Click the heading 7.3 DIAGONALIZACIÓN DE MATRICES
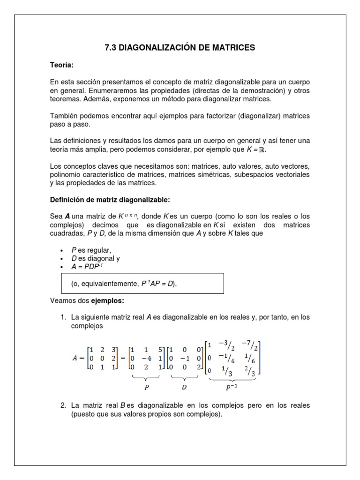(x=180, y=47)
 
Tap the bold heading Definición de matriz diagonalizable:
(x=110, y=199)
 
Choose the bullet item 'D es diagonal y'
(x=94, y=259)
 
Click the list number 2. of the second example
(x=64, y=405)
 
